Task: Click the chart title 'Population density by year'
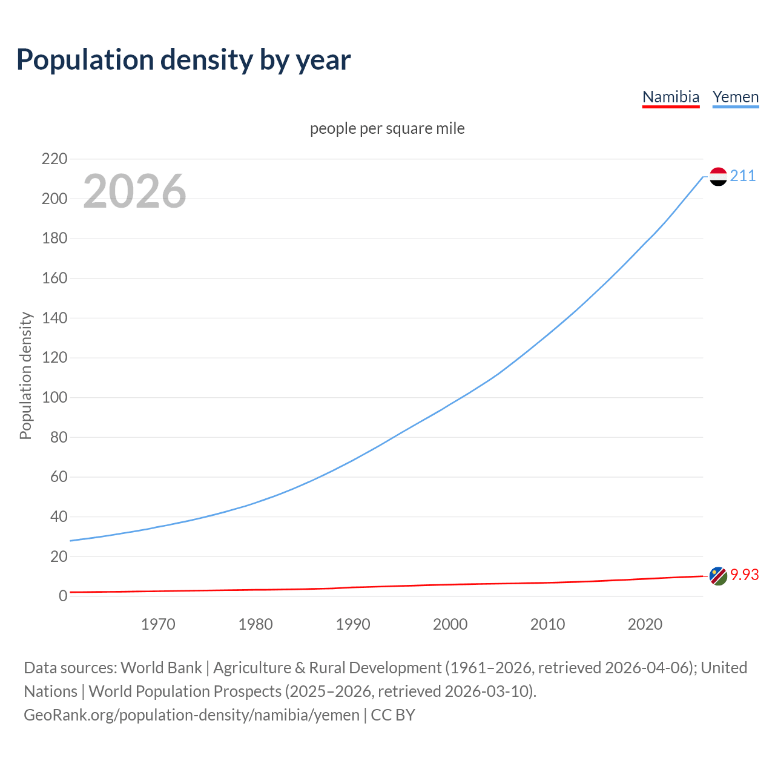183,59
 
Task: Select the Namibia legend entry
670,97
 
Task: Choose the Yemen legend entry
735,97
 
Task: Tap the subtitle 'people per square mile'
387,128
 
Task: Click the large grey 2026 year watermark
134,191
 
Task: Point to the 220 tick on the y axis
54,159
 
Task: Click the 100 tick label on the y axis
54,398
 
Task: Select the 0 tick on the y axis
63,596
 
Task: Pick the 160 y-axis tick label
54,279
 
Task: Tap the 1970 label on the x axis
158,624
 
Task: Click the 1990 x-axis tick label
353,624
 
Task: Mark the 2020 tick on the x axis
645,624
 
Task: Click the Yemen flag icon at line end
718,176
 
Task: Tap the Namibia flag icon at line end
718,576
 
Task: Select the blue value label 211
743,176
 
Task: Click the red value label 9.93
744,575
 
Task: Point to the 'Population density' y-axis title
25,375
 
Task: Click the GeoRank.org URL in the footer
191,715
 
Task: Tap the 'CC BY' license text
393,715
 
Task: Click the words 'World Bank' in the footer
161,668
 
